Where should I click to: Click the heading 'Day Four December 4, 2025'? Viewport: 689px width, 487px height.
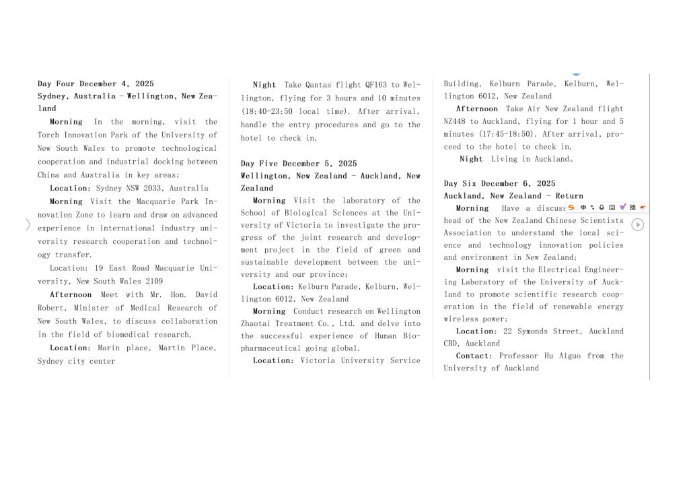click(x=96, y=84)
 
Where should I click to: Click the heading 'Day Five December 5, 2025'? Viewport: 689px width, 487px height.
click(x=299, y=163)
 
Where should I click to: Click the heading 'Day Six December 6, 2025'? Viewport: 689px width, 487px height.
click(x=499, y=183)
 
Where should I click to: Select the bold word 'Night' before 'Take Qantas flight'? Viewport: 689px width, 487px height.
click(x=264, y=85)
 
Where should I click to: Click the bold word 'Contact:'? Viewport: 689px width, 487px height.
click(x=474, y=356)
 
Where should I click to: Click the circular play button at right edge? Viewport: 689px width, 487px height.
click(x=637, y=225)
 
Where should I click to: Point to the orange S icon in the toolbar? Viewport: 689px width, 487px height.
click(x=571, y=207)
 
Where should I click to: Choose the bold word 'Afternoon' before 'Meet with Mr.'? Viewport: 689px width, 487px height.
click(x=71, y=294)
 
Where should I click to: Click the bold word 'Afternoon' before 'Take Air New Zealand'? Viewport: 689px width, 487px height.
click(x=477, y=108)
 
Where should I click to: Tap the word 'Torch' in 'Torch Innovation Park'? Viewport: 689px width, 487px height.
click(x=49, y=135)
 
